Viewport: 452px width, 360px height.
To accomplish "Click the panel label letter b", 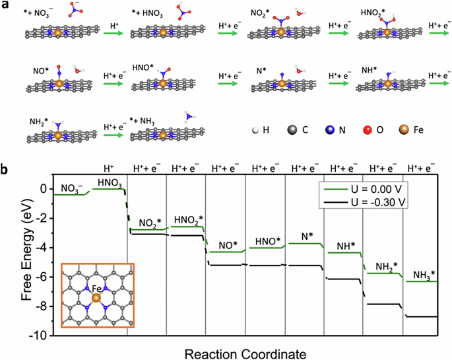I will [x=6, y=169].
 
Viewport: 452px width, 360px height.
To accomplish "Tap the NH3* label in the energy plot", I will [x=423, y=274].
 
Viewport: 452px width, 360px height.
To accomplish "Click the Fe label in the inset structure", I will [x=97, y=288].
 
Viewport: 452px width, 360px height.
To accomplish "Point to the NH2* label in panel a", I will [x=40, y=122].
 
